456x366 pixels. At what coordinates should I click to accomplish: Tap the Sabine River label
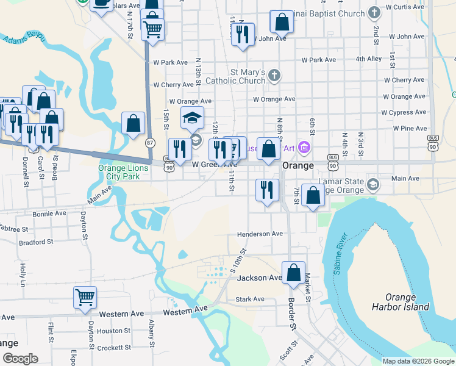click(340, 254)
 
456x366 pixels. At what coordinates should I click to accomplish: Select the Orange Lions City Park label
click(119, 172)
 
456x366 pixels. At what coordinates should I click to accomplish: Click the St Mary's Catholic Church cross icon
click(274, 76)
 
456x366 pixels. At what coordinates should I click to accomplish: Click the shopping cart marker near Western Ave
click(85, 297)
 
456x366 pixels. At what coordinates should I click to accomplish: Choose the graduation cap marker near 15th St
click(192, 117)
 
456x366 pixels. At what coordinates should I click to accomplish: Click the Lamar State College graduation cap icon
click(373, 184)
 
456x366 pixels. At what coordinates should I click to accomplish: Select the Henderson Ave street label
click(260, 234)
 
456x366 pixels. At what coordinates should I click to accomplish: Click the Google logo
click(20, 358)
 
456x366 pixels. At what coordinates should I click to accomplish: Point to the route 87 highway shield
click(150, 142)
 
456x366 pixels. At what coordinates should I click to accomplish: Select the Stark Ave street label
click(250, 299)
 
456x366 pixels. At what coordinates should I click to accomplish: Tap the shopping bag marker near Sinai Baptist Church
click(282, 23)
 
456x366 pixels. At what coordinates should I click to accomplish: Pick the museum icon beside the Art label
click(305, 147)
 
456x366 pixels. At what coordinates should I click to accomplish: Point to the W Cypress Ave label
click(403, 112)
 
